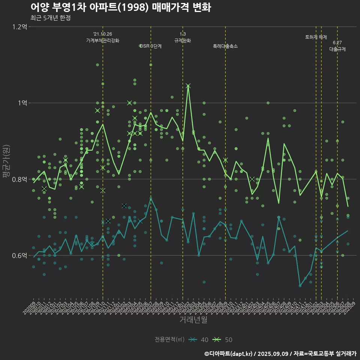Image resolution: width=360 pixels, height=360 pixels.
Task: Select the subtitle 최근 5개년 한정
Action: [51, 18]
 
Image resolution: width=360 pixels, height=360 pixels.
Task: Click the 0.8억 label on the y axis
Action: [19, 179]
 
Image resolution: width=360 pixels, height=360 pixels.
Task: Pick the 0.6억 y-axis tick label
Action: [19, 256]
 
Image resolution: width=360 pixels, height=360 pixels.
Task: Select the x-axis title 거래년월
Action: [193, 320]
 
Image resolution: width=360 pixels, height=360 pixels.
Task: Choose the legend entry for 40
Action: [199, 340]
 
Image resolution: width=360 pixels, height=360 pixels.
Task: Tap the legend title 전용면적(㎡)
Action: [169, 340]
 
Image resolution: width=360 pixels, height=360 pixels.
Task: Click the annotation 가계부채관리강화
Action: [103, 40]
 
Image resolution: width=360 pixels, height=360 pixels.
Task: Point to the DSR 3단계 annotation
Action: [151, 46]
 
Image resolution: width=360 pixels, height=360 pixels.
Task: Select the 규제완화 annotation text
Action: [183, 40]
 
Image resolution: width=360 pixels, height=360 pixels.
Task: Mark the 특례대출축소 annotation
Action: [225, 46]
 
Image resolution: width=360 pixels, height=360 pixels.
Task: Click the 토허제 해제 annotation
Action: [316, 37]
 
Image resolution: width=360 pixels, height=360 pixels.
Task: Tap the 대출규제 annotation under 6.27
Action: [337, 49]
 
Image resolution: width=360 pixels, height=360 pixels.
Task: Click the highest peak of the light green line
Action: [188, 86]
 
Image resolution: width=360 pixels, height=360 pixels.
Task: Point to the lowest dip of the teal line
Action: [300, 286]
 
